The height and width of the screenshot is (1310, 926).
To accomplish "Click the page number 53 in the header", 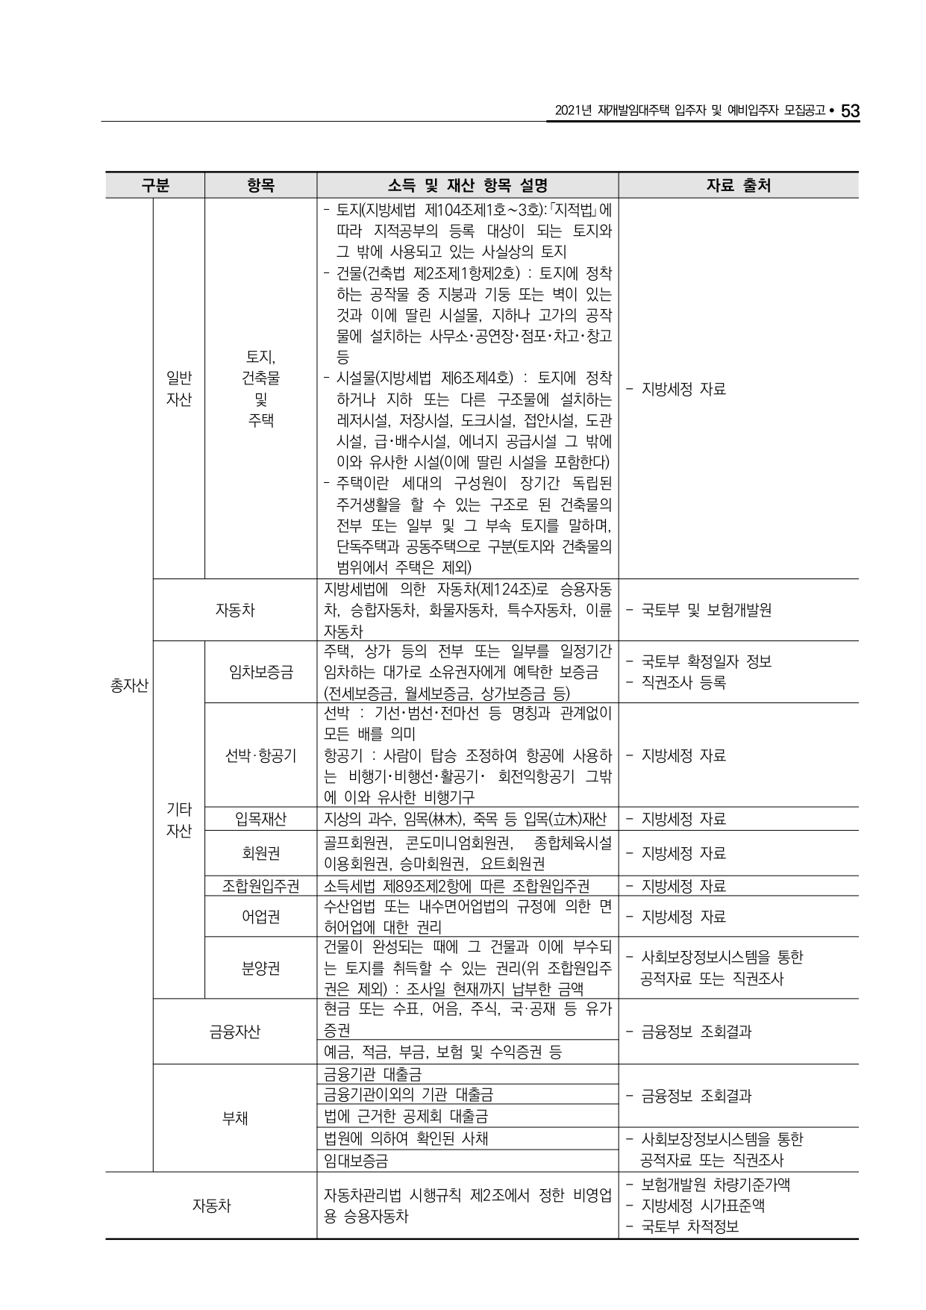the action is pyautogui.click(x=850, y=111).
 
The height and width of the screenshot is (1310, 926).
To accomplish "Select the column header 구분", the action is pyautogui.click(x=155, y=185).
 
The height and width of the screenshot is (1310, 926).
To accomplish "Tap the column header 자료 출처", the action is pyautogui.click(x=738, y=185).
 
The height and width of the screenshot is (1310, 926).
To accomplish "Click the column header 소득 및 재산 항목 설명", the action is pyautogui.click(x=468, y=185).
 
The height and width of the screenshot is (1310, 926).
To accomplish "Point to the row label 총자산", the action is pyautogui.click(x=129, y=685).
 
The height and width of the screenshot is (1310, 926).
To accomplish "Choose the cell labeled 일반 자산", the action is pyautogui.click(x=179, y=389).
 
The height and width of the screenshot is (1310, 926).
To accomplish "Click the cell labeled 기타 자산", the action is pyautogui.click(x=179, y=820).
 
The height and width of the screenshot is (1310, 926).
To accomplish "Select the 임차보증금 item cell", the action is pyautogui.click(x=260, y=672).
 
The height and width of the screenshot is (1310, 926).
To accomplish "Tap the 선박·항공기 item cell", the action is pyautogui.click(x=260, y=755).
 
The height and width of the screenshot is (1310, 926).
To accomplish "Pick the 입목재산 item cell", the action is pyautogui.click(x=260, y=819).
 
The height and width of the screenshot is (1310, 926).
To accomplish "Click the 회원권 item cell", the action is pyautogui.click(x=260, y=852).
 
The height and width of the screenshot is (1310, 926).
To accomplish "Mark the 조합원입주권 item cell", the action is pyautogui.click(x=260, y=886).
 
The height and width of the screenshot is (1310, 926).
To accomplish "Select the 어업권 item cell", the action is pyautogui.click(x=260, y=916).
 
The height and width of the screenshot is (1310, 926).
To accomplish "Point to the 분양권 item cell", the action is pyautogui.click(x=260, y=968).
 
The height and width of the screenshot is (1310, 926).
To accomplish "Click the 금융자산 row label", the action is pyautogui.click(x=235, y=1032).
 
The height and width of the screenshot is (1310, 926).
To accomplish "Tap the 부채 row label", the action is pyautogui.click(x=235, y=1117).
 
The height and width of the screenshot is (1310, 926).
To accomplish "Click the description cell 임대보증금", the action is pyautogui.click(x=357, y=1161).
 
